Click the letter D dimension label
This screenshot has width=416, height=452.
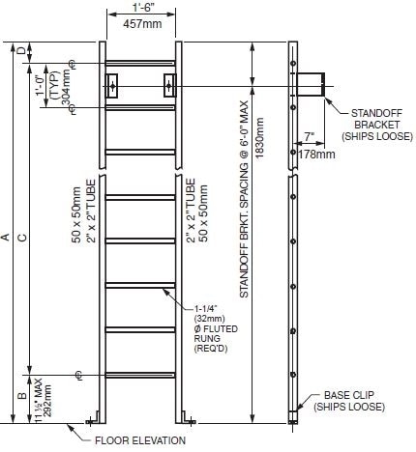[22, 50]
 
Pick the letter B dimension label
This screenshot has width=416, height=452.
[22, 395]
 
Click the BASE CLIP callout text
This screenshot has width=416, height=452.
[359, 401]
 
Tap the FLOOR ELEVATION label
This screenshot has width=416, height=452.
[145, 440]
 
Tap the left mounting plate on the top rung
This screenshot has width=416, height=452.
[113, 85]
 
